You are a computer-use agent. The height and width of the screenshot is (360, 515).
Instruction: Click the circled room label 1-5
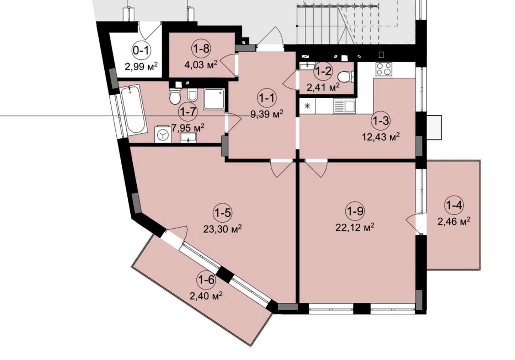(x=222, y=213)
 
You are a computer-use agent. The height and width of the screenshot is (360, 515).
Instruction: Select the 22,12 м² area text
(x=355, y=227)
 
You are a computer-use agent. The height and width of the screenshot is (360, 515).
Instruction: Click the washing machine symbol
(x=163, y=135)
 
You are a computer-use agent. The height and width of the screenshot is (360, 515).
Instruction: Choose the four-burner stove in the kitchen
(x=383, y=69)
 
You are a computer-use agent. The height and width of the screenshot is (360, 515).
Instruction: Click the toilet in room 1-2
(x=346, y=77)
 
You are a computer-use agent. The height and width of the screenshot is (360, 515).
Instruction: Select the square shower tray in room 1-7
(x=214, y=99)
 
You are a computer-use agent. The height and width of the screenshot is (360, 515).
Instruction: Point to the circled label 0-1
(x=141, y=51)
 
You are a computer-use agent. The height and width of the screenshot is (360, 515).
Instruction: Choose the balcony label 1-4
(x=454, y=205)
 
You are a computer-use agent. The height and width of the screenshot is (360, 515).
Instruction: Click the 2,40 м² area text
(x=206, y=296)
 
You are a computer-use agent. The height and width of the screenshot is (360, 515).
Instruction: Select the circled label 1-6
(x=206, y=280)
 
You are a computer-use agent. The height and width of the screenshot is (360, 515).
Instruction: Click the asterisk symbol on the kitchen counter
(x=307, y=106)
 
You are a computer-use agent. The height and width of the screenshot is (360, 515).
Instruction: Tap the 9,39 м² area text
(x=267, y=114)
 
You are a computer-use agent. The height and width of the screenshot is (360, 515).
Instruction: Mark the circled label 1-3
(x=380, y=121)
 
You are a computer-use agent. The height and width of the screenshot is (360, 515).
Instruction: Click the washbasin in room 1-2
(x=307, y=66)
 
